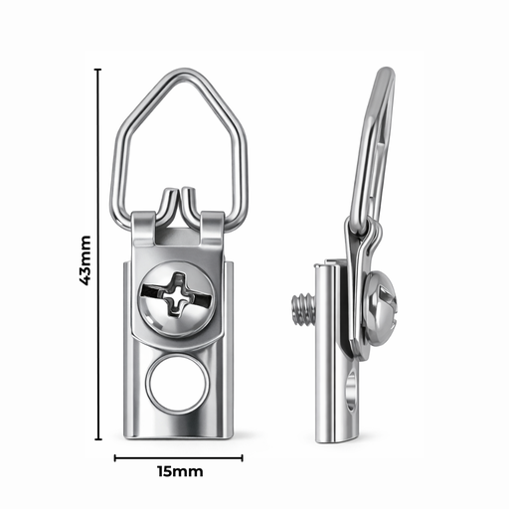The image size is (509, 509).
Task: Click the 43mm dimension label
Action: [x=85, y=260]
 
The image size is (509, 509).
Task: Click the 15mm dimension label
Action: [x=179, y=470]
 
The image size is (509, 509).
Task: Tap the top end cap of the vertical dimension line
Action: [x=97, y=70]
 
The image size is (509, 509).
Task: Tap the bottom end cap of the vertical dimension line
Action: [x=97, y=438]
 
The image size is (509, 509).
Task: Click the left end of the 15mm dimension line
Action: [x=115, y=458]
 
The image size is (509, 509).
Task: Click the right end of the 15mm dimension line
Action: [x=242, y=458]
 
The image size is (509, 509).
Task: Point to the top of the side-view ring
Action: [x=387, y=73]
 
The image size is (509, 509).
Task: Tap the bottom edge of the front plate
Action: [x=180, y=435]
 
